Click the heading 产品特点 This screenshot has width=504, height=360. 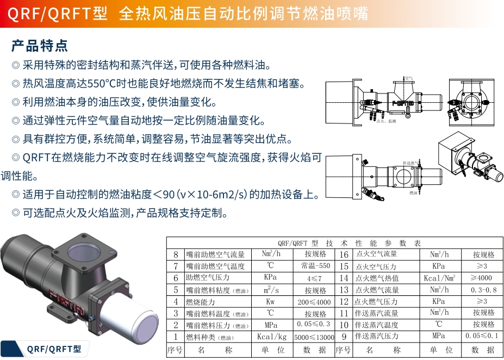pyautogui.click(x=40, y=45)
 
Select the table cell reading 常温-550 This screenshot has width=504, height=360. pyautogui.click(x=315, y=266)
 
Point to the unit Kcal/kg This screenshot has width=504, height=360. pyautogui.click(x=271, y=337)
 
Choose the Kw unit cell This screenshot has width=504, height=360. pyautogui.click(x=270, y=302)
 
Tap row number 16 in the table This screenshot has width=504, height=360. pyautogui.click(x=344, y=255)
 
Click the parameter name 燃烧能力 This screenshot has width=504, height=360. pyautogui.click(x=201, y=302)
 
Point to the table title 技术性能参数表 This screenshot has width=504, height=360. pyautogui.click(x=349, y=243)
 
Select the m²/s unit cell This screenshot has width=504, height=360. pyautogui.click(x=270, y=290)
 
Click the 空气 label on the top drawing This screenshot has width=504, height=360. pyautogui.click(x=408, y=78)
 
